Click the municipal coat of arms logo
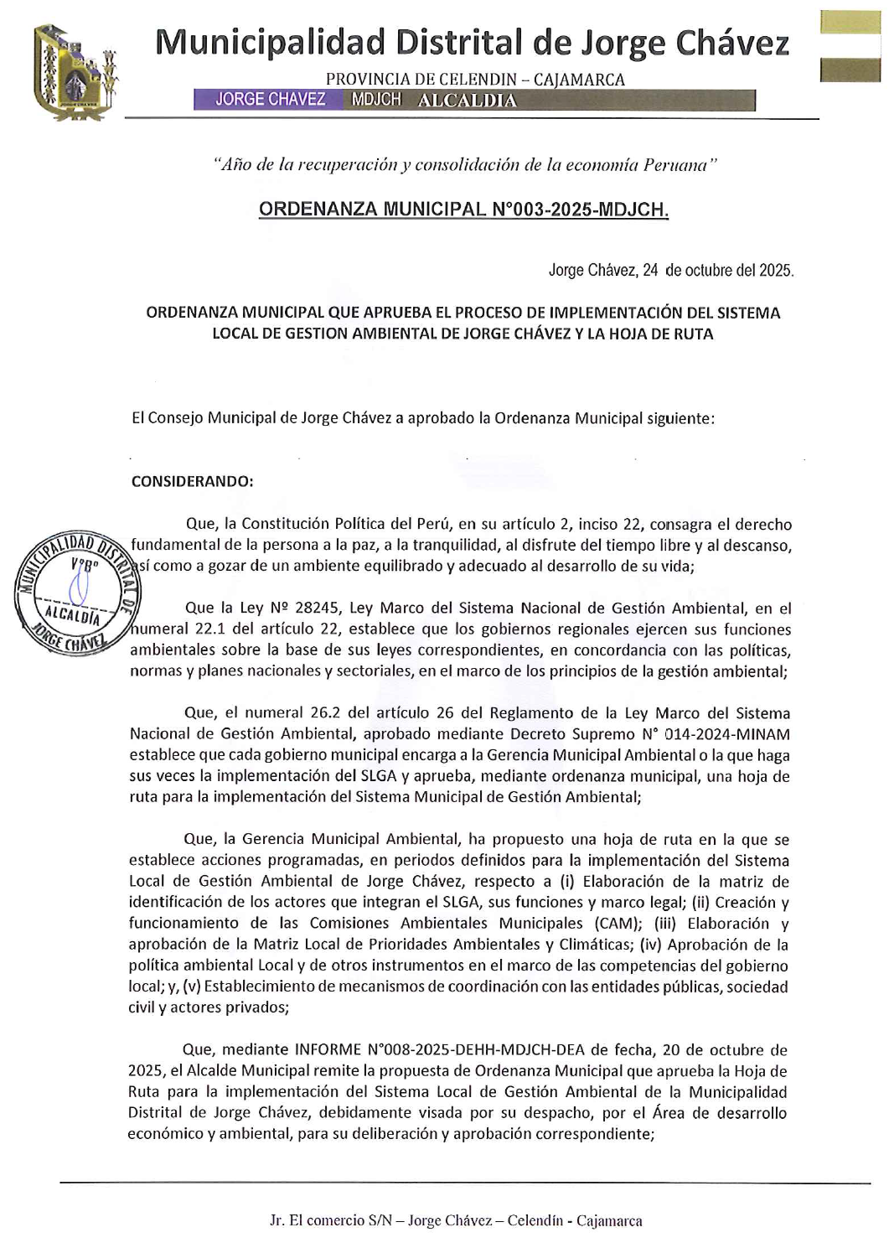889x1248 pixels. pyautogui.click(x=74, y=73)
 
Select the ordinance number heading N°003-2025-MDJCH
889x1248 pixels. pyautogui.click(x=463, y=209)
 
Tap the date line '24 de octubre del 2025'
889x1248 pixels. pyautogui.click(x=670, y=270)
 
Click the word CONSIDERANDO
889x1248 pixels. pyautogui.click(x=192, y=481)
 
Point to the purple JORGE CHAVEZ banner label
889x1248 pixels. pyautogui.click(x=270, y=100)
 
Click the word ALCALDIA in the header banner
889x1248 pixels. pyautogui.click(x=467, y=101)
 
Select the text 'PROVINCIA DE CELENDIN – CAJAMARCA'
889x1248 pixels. pyautogui.click(x=475, y=80)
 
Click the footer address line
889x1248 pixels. pyautogui.click(x=456, y=1220)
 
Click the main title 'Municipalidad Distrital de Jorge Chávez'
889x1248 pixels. pyautogui.click(x=473, y=42)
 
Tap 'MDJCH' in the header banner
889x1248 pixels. pyautogui.click(x=375, y=100)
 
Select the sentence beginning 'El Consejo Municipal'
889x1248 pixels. pyautogui.click(x=423, y=417)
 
